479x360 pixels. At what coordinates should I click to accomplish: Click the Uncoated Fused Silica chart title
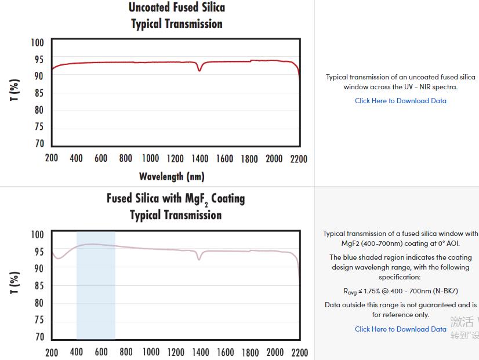tap(176, 8)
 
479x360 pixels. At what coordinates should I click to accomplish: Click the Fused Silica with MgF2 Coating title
tap(176, 199)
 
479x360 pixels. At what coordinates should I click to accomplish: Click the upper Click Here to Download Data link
tap(401, 101)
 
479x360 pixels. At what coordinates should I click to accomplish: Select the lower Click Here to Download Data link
tap(401, 329)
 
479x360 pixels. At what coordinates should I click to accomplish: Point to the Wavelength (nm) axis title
tap(172, 176)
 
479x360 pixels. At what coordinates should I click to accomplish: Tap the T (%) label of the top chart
tap(15, 89)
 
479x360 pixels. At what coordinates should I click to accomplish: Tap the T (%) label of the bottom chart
tap(15, 282)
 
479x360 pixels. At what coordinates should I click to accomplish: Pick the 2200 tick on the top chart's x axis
tap(299, 158)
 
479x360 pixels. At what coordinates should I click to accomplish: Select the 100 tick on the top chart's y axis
tap(37, 42)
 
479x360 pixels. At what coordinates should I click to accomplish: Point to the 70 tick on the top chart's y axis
tap(39, 144)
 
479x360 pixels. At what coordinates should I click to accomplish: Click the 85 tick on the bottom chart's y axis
tap(39, 286)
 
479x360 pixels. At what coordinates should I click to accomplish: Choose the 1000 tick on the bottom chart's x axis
tap(151, 352)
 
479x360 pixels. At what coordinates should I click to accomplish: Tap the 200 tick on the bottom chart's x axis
tap(52, 352)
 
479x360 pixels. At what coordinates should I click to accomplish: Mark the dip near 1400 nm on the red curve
tap(199, 70)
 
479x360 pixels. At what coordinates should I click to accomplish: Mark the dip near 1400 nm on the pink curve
tap(199, 259)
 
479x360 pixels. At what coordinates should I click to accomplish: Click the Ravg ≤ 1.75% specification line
tap(401, 292)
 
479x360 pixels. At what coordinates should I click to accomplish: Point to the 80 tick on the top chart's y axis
tap(39, 110)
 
